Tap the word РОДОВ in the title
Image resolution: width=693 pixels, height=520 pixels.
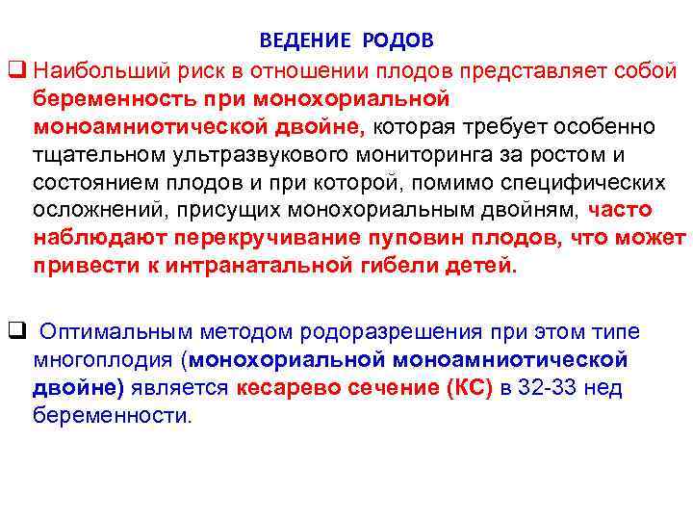point(398,40)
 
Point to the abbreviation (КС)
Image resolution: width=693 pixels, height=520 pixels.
point(468,388)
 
